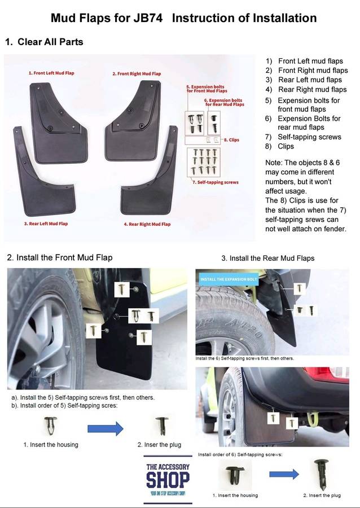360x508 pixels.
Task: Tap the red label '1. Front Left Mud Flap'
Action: (51, 73)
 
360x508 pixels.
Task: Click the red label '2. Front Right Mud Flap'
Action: (136, 74)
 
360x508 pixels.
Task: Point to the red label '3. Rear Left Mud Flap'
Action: (46, 224)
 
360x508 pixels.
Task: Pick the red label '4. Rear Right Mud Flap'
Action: (147, 224)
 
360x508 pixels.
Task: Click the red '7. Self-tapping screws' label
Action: (215, 182)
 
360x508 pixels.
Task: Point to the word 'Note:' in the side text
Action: (275, 163)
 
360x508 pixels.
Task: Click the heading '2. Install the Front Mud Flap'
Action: (60, 257)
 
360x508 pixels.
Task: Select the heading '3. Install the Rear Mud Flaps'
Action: (267, 258)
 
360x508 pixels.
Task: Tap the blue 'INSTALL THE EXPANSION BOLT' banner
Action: (229, 279)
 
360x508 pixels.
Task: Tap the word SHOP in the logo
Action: (168, 480)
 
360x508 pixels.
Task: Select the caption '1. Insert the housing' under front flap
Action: (51, 445)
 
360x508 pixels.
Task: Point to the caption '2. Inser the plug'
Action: (159, 445)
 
